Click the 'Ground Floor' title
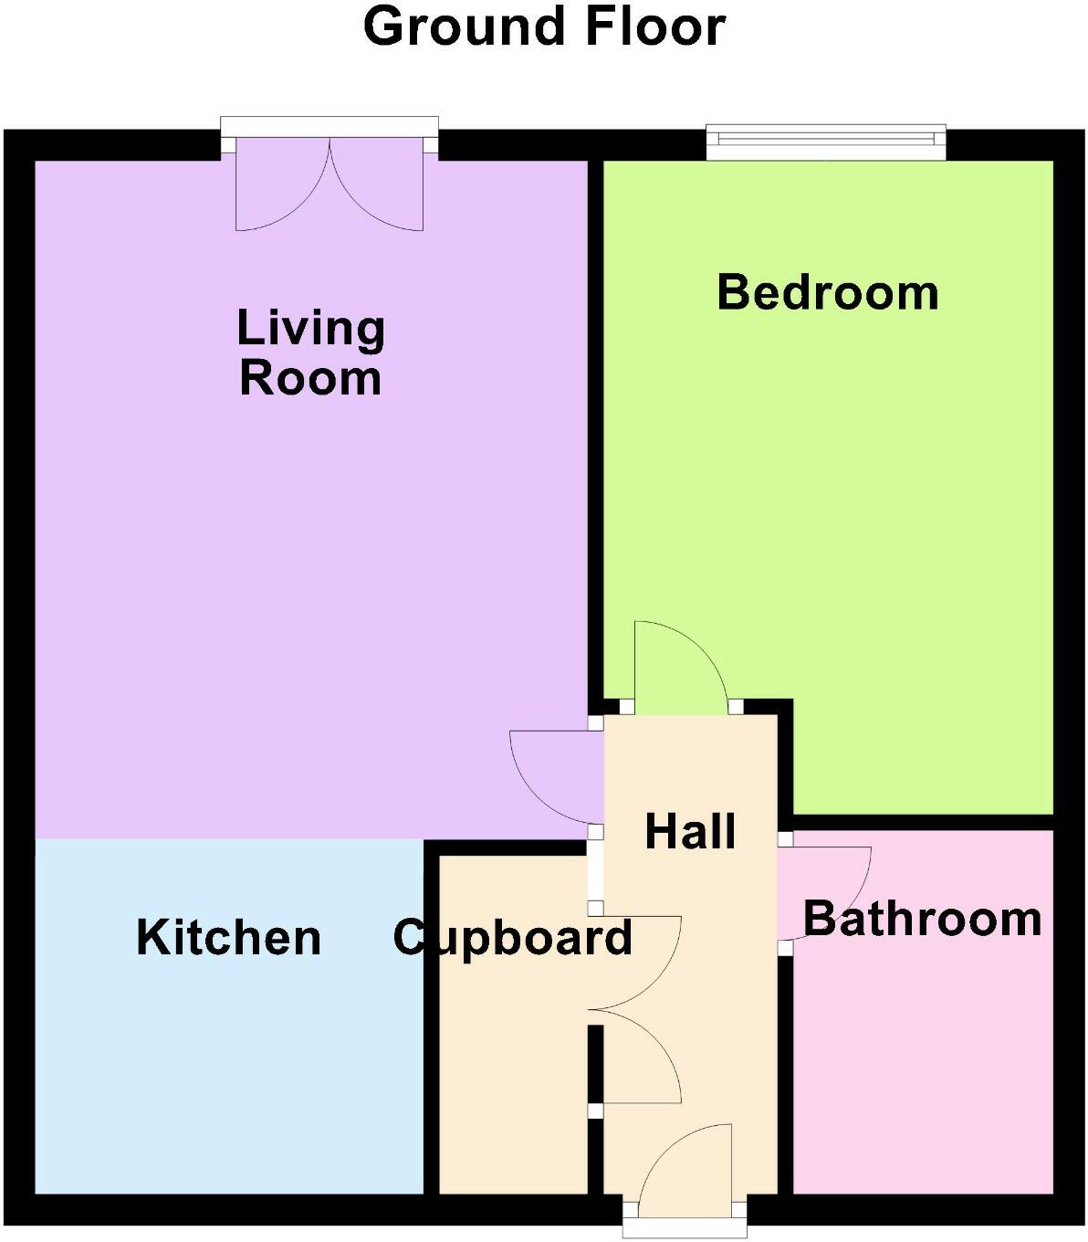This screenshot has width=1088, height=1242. pyautogui.click(x=544, y=27)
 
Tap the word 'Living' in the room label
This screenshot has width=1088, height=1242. pyautogui.click(x=311, y=328)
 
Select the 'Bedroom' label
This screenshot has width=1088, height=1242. pyautogui.click(x=828, y=292)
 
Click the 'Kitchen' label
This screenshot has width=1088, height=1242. pyautogui.click(x=229, y=938)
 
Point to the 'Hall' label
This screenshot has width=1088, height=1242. pyautogui.click(x=690, y=832)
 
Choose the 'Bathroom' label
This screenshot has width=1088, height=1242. pyautogui.click(x=922, y=919)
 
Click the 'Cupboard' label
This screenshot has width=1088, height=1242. pyautogui.click(x=513, y=938)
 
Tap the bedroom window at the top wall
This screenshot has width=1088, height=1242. pyautogui.click(x=826, y=139)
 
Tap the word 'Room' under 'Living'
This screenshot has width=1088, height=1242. pyautogui.click(x=310, y=378)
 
